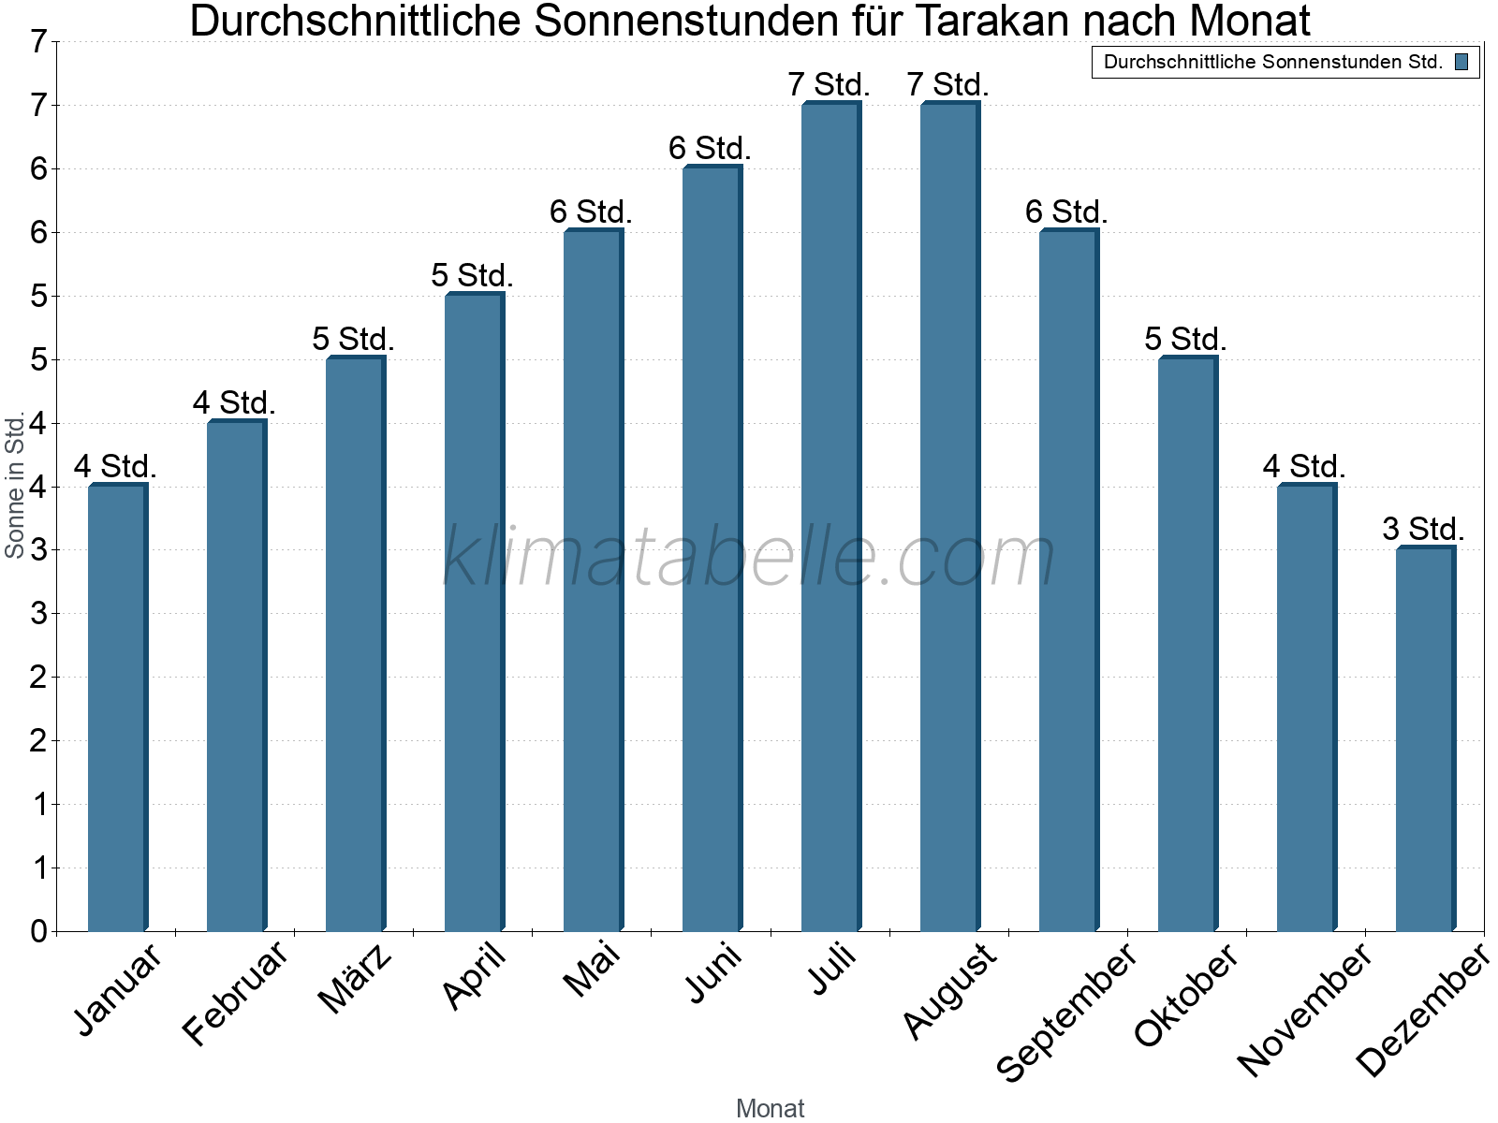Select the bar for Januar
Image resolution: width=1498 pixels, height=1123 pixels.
coord(117,707)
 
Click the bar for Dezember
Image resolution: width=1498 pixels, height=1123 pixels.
coord(1425,739)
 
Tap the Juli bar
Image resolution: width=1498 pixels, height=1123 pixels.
coord(830,517)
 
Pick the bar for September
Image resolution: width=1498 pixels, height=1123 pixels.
coord(1068,580)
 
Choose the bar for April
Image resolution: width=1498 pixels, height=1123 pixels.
coord(474,612)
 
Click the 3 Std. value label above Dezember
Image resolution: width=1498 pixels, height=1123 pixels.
coord(1423,530)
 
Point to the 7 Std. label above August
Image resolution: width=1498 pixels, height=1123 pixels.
coord(947,85)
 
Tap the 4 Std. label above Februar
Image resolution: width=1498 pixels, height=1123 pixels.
coord(234,403)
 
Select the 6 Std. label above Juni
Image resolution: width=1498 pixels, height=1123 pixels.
coord(710,149)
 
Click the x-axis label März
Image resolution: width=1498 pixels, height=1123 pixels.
coord(354,979)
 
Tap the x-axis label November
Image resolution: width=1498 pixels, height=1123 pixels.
coord(1304,1009)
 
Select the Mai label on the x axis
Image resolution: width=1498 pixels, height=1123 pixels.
coord(592,970)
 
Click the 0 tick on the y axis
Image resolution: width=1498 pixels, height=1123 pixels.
coord(38,931)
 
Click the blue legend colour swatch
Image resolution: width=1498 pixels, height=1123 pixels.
coord(1461,63)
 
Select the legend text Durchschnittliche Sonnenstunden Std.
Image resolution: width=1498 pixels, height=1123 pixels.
coord(1272,63)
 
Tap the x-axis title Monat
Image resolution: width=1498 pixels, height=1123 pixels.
coord(770,1108)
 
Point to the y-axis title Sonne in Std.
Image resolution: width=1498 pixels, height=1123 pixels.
coord(15,487)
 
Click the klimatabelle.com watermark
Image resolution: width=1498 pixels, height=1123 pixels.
coord(749,557)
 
